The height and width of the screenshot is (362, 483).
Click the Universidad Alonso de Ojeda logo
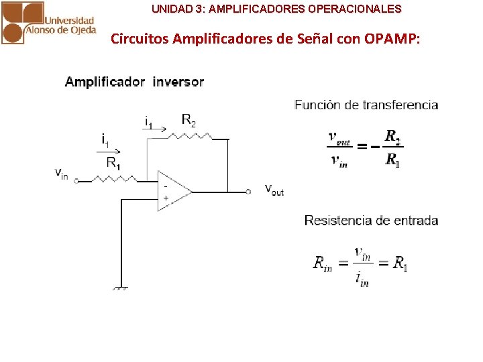[48, 22]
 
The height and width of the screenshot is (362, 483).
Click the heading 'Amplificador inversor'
[134, 82]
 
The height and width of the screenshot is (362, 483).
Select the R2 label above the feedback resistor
[189, 120]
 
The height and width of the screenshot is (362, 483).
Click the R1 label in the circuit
[113, 163]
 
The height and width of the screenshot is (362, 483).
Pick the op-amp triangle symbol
[173, 190]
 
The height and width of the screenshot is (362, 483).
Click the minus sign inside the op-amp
[165, 184]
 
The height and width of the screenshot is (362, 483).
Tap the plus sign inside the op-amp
[166, 198]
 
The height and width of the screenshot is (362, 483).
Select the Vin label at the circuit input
[61, 174]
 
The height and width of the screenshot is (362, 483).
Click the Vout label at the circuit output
[274, 190]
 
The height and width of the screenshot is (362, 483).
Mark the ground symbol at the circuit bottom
[121, 288]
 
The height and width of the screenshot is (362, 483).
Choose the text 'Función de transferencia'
[366, 105]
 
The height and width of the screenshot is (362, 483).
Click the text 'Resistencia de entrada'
[371, 221]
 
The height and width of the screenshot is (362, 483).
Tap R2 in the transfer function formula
[393, 137]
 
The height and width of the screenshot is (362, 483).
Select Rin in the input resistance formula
[322, 263]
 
